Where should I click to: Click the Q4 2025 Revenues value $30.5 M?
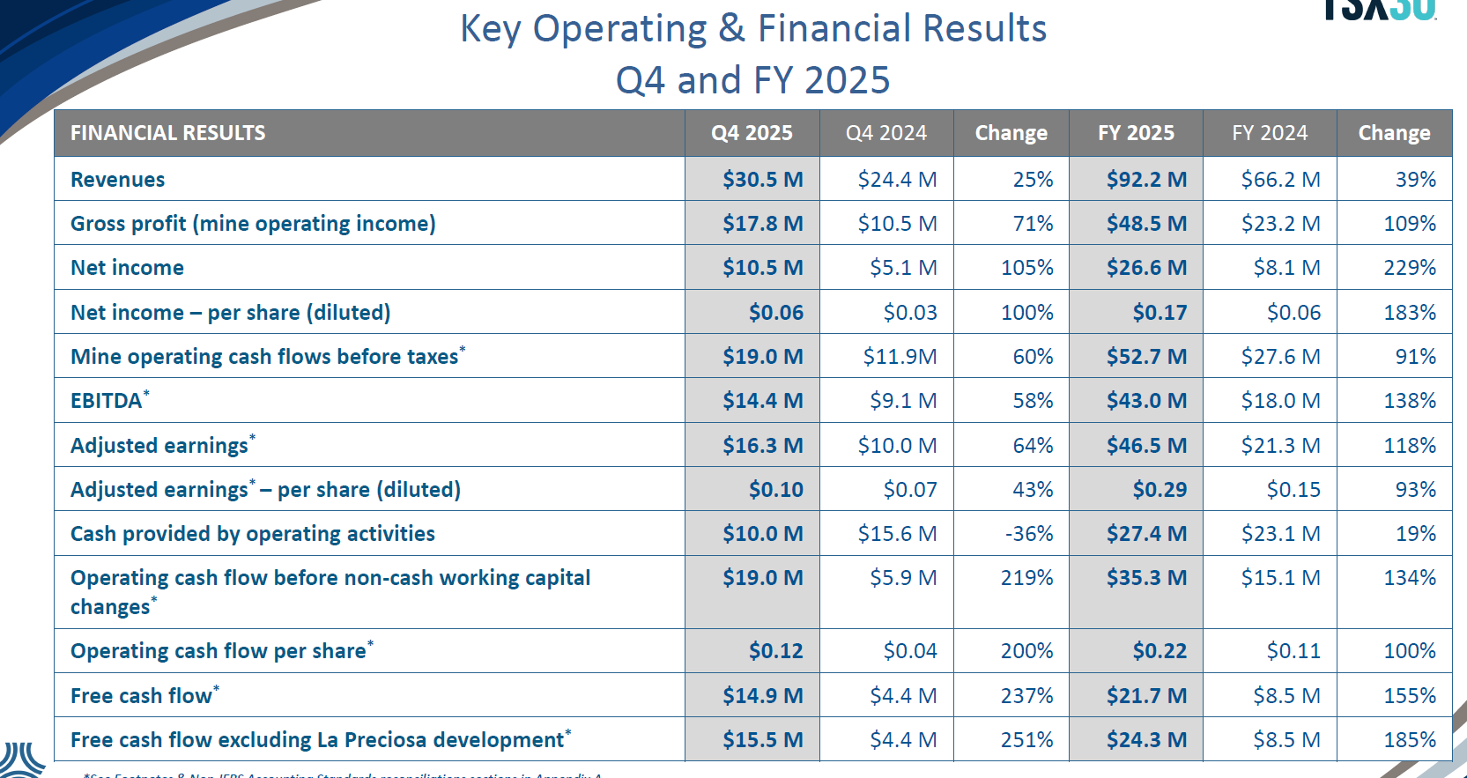point(762,180)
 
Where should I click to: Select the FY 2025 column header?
point(1136,133)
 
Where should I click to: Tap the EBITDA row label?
point(106,401)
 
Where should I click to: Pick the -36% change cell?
point(1028,534)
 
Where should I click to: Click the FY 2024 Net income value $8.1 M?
point(1286,268)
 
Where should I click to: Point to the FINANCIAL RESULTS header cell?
point(167,133)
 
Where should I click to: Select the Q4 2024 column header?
point(885,133)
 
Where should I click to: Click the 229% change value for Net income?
point(1409,268)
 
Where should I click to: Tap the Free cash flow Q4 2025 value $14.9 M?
point(762,696)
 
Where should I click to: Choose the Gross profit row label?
point(253,224)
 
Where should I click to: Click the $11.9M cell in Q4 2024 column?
point(900,357)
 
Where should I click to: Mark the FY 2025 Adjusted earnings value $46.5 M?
point(1146,446)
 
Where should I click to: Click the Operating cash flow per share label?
point(219,651)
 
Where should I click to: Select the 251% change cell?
point(1026,740)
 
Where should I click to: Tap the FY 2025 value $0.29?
point(1160,490)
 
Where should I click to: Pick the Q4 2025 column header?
point(752,133)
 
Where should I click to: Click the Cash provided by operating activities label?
point(253,534)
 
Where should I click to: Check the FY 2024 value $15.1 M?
point(1280,578)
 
